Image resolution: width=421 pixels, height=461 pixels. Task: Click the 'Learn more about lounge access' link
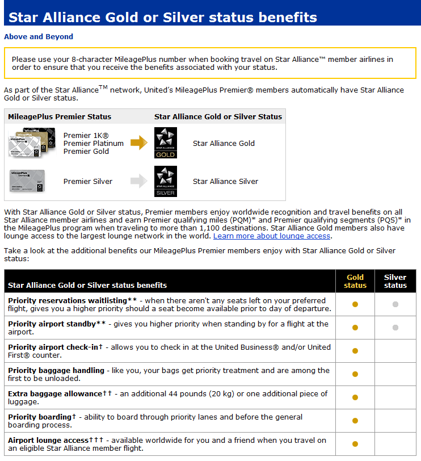272,236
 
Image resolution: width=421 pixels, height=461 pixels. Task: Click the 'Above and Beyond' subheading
39,36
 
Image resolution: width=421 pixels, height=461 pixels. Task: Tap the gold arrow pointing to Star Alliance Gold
138,143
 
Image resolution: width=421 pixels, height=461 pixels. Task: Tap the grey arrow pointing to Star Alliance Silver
138,181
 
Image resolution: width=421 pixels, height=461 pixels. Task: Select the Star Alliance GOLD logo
166,143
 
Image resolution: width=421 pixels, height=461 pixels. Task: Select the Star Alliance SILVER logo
166,181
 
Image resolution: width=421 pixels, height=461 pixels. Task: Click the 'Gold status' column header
355,282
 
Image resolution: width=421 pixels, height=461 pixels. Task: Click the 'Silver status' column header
395,282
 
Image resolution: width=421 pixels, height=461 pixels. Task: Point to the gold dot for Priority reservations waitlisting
355,304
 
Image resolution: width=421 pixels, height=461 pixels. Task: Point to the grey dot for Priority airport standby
395,328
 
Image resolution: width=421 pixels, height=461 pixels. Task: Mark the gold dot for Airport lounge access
355,444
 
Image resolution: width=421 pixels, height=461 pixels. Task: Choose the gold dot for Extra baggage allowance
355,397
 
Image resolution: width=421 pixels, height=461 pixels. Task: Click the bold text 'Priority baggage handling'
56,370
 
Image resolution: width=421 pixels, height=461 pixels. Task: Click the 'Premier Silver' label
88,181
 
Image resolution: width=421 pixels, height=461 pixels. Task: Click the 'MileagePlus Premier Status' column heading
60,116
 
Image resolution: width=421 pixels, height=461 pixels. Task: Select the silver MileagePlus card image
27,181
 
